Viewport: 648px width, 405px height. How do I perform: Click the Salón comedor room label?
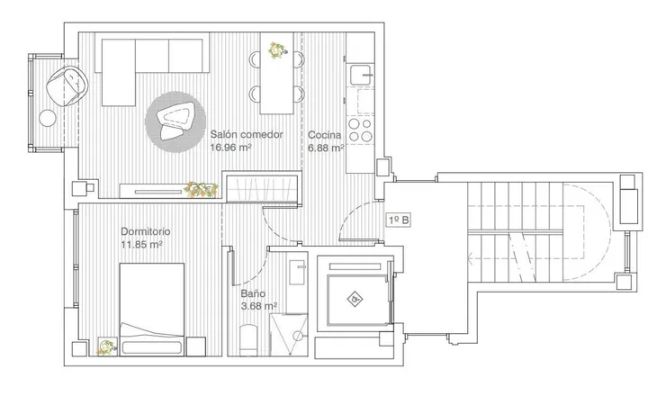pyautogui.click(x=247, y=134)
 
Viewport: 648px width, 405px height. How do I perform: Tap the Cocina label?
pyautogui.click(x=325, y=135)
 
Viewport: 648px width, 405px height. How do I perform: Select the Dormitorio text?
pyautogui.click(x=146, y=231)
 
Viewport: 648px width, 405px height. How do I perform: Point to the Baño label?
pyautogui.click(x=253, y=293)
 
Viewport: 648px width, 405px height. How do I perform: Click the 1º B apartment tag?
pyautogui.click(x=399, y=220)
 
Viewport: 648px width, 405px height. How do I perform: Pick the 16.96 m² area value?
pyautogui.click(x=231, y=148)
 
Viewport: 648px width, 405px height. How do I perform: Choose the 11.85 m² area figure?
pyautogui.click(x=141, y=244)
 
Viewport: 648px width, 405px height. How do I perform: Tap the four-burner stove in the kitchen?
pyautogui.click(x=360, y=130)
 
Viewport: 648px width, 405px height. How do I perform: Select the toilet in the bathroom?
pyautogui.click(x=248, y=339)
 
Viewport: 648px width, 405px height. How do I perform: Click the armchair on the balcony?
pyautogui.click(x=67, y=86)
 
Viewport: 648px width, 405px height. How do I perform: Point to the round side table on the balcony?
pyautogui.click(x=48, y=118)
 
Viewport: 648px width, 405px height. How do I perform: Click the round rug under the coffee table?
pyautogui.click(x=175, y=121)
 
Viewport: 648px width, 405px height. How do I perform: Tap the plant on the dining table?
pyautogui.click(x=276, y=50)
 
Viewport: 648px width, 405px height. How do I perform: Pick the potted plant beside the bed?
pyautogui.click(x=107, y=346)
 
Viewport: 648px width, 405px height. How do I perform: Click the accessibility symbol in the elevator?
pyautogui.click(x=355, y=299)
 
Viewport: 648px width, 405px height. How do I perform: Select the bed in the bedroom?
pyautogui.click(x=152, y=309)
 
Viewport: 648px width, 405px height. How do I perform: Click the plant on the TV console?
pyautogui.click(x=201, y=190)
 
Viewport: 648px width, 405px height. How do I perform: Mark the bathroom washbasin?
pyautogui.click(x=298, y=272)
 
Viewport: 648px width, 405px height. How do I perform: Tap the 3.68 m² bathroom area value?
pyautogui.click(x=258, y=306)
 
